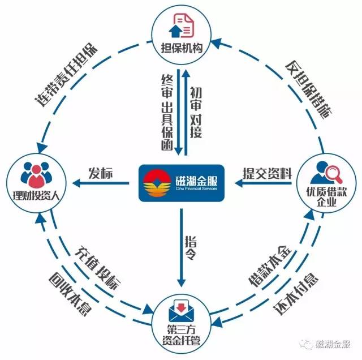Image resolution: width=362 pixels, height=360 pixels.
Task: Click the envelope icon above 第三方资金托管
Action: click(x=180, y=311)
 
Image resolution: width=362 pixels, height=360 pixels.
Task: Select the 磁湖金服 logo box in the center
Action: click(x=180, y=183)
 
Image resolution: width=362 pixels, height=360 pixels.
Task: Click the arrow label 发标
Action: click(x=101, y=173)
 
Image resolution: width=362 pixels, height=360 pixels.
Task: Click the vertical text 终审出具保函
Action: click(x=166, y=112)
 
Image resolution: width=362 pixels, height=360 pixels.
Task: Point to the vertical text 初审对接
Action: click(x=195, y=112)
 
